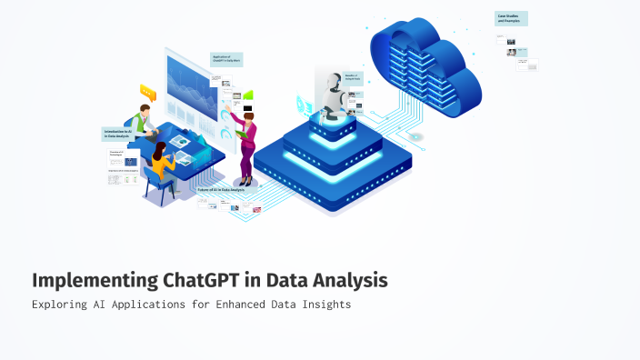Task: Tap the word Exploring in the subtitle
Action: point(61,305)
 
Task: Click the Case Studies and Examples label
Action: point(510,17)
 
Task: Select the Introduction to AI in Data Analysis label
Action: point(118,134)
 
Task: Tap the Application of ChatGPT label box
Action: point(226,60)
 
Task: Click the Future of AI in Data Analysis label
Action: point(222,189)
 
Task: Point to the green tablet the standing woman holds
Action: point(240,134)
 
